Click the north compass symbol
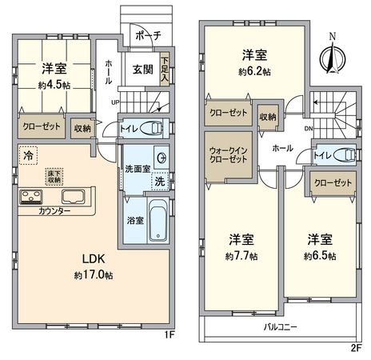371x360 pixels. [x=333, y=54]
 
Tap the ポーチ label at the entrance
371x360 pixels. [x=148, y=35]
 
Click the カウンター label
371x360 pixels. [x=54, y=211]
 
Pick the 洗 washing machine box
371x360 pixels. [x=159, y=181]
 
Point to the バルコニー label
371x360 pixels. [x=280, y=327]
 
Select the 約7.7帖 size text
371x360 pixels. [x=241, y=256]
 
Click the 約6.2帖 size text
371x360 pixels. [x=255, y=70]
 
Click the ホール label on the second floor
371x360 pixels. [x=281, y=148]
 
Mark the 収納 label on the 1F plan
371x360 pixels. [x=82, y=128]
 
